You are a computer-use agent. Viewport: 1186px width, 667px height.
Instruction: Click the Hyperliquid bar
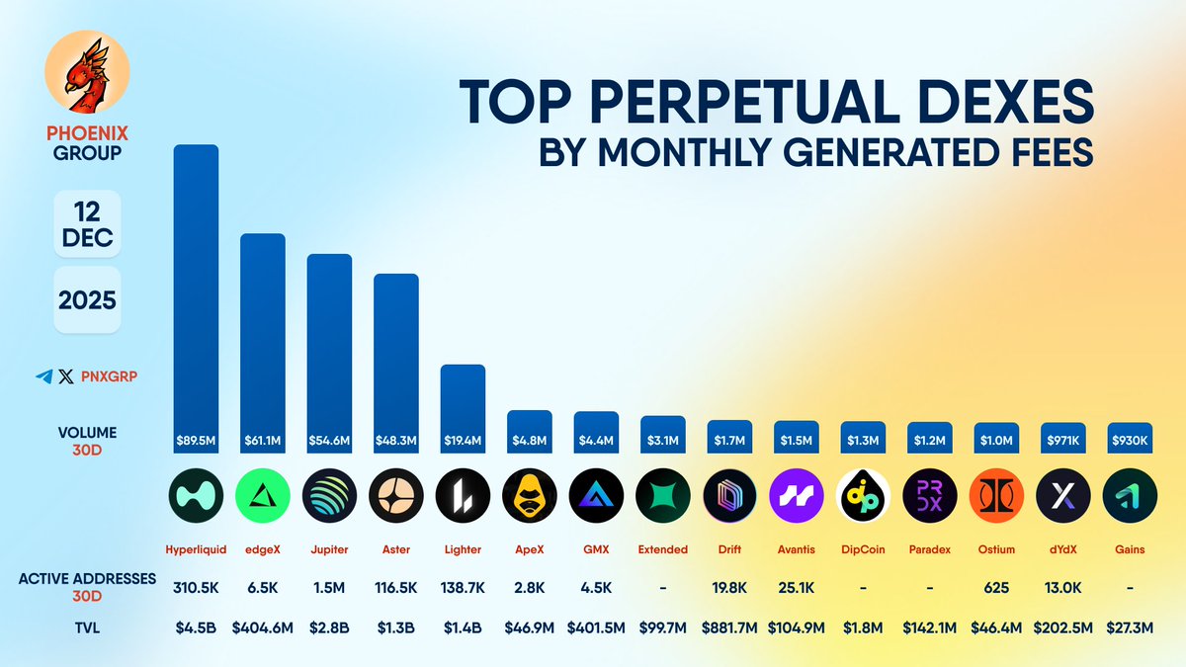pyautogui.click(x=196, y=296)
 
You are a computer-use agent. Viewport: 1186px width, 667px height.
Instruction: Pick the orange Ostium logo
pyautogui.click(x=996, y=495)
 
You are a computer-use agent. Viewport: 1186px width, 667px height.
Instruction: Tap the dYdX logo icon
pyautogui.click(x=1062, y=495)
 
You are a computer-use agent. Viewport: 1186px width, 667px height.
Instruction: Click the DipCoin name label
pyautogui.click(x=863, y=549)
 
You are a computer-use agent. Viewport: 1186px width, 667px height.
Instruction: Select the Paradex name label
pyautogui.click(x=929, y=549)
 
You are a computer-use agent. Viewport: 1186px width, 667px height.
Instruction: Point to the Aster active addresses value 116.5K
pyautogui.click(x=395, y=588)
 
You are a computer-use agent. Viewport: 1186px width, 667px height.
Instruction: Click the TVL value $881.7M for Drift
pyautogui.click(x=729, y=626)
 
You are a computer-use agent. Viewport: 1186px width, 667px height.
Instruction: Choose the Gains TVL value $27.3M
pyautogui.click(x=1130, y=626)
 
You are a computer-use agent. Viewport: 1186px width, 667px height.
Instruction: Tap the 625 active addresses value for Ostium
pyautogui.click(x=996, y=588)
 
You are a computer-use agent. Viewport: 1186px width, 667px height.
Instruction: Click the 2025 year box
pyautogui.click(x=87, y=298)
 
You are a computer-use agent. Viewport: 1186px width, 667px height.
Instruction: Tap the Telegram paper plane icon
pyautogui.click(x=43, y=376)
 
